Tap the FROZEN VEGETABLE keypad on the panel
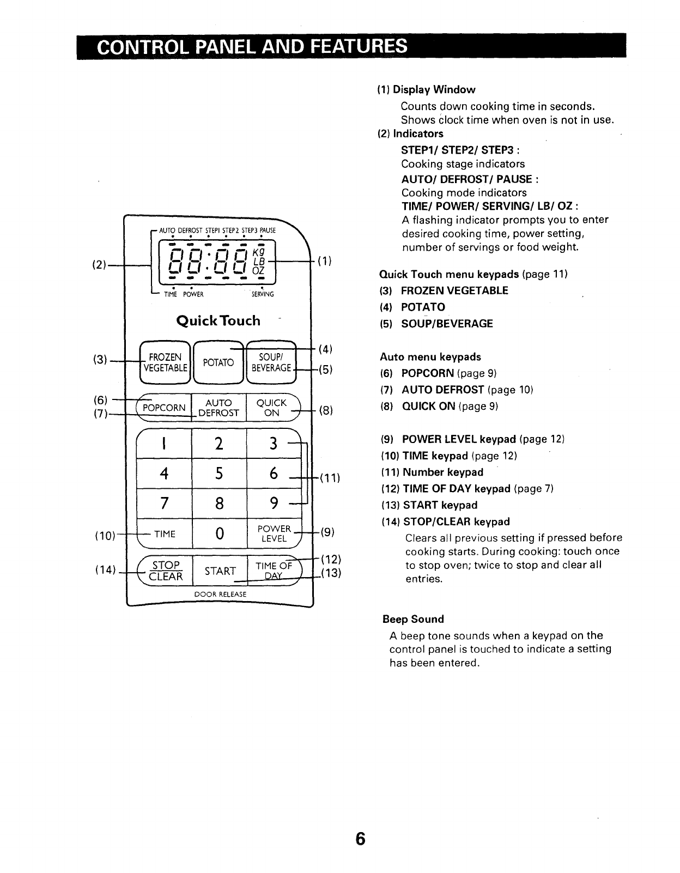click(x=165, y=362)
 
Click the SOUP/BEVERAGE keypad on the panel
click(x=271, y=362)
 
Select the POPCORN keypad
click(x=164, y=408)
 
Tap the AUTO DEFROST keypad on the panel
click(x=218, y=408)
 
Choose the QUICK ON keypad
click(x=271, y=408)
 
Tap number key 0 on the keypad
click(x=219, y=533)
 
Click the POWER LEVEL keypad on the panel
click(x=274, y=533)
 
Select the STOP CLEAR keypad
click(x=165, y=571)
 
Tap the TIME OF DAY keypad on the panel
click(x=274, y=571)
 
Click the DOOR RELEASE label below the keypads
click(x=220, y=594)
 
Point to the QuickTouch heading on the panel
click(x=218, y=320)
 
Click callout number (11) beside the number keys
click(x=329, y=478)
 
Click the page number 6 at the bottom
click(x=359, y=838)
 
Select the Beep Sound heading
click(x=413, y=619)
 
